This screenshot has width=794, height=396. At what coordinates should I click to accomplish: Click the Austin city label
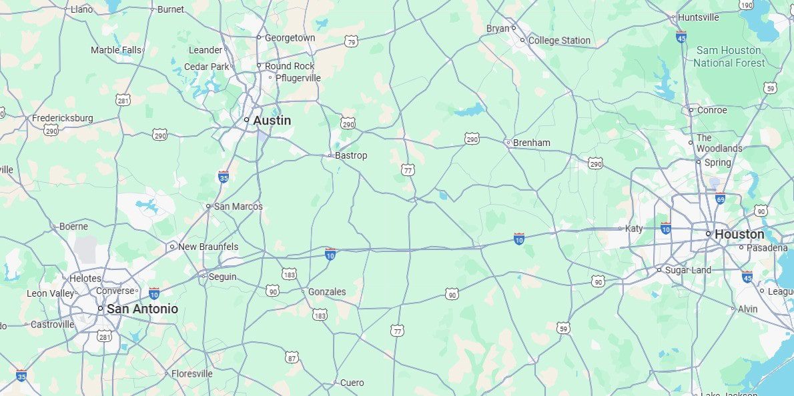(x=272, y=121)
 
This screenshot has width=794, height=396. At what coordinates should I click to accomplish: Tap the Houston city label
(x=739, y=235)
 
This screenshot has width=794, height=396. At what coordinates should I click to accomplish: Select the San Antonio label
(x=142, y=309)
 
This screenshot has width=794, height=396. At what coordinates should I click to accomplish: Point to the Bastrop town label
(x=351, y=155)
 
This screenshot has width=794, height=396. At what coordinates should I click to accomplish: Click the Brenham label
(x=532, y=143)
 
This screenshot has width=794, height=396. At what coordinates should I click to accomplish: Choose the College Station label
(x=559, y=41)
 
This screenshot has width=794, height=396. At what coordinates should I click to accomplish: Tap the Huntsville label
(x=698, y=17)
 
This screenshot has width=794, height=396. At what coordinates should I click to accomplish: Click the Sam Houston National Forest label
(x=729, y=57)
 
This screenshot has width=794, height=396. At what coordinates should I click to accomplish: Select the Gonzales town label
(x=327, y=292)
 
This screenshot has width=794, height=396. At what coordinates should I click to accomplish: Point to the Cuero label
(x=352, y=383)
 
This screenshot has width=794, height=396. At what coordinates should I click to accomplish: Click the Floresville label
(x=192, y=374)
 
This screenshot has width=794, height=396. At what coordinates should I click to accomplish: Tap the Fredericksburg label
(x=63, y=119)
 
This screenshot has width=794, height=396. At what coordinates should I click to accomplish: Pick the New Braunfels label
(x=208, y=247)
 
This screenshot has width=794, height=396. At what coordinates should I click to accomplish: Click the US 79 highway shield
(x=352, y=42)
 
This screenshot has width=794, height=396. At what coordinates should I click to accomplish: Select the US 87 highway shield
(x=292, y=358)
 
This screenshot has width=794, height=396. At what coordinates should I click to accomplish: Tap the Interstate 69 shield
(x=720, y=199)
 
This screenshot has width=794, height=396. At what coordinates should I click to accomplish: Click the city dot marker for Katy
(x=620, y=229)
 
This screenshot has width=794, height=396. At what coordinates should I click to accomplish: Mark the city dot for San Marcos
(x=208, y=207)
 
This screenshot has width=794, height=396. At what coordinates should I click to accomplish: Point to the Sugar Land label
(x=688, y=270)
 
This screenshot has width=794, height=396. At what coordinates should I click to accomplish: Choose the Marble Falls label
(x=116, y=50)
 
